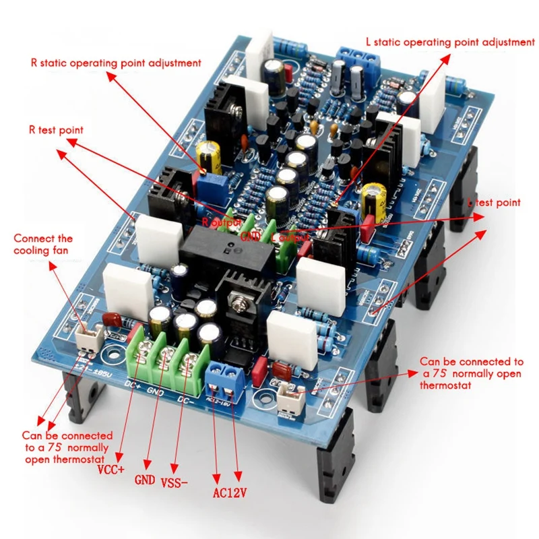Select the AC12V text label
pyautogui.click(x=229, y=493)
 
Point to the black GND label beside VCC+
pyautogui.click(x=145, y=480)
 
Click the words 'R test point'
pyautogui.click(x=55, y=129)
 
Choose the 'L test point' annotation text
pyautogui.click(x=495, y=202)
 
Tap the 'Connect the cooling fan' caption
pyautogui.click(x=43, y=245)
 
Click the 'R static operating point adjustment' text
pyautogui.click(x=115, y=63)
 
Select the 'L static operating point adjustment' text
pyautogui.click(x=449, y=42)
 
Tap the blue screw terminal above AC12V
pyautogui.click(x=225, y=379)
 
